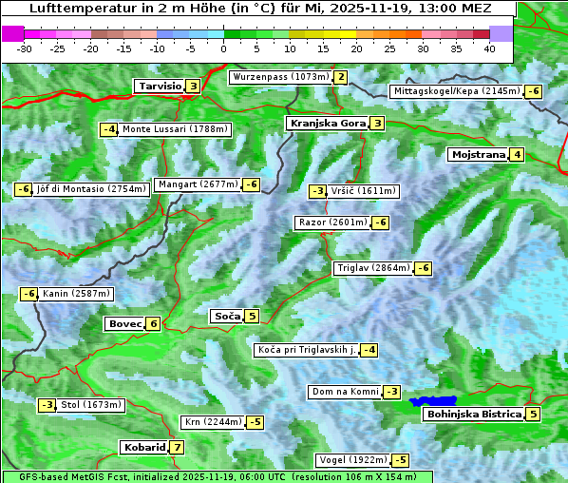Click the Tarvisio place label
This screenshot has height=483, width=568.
click(159, 86)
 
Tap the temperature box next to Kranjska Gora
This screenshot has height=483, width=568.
click(377, 123)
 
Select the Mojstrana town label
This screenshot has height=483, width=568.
click(479, 154)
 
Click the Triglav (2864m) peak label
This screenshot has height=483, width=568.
click(373, 268)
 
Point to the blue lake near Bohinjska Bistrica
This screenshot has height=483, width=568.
click(433, 401)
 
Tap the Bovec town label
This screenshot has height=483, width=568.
click(124, 323)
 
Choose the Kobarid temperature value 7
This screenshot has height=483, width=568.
click(177, 447)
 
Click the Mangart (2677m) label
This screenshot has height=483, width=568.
click(198, 184)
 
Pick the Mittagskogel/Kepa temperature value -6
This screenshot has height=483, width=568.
click(534, 91)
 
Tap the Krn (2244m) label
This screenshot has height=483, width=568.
click(213, 421)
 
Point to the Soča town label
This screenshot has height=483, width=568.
click(226, 316)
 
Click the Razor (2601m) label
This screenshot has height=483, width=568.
click(332, 222)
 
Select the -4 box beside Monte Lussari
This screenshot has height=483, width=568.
click(109, 129)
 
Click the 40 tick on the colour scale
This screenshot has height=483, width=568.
click(489, 48)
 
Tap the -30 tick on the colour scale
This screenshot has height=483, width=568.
click(25, 48)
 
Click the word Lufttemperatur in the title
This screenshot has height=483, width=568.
click(72, 9)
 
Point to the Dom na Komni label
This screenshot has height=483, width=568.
click(345, 392)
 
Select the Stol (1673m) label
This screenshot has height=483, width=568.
click(91, 405)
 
